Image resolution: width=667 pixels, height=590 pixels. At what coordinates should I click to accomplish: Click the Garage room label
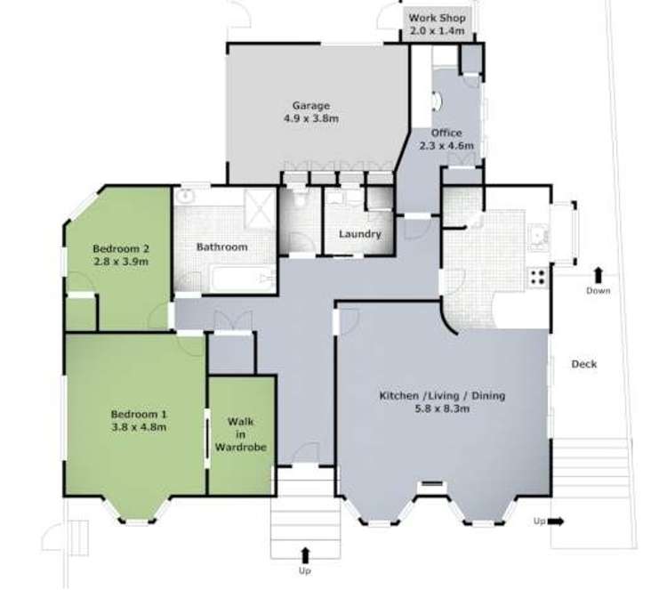click(x=311, y=105)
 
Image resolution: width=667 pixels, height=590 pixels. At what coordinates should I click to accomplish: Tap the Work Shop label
click(x=437, y=18)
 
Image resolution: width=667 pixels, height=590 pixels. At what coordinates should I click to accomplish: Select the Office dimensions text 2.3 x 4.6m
click(x=446, y=146)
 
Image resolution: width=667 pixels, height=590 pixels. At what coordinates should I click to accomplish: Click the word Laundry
click(x=360, y=234)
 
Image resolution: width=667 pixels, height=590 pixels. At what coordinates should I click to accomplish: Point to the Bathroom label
click(x=221, y=247)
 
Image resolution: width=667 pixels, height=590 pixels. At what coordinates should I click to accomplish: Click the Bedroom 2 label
click(x=121, y=248)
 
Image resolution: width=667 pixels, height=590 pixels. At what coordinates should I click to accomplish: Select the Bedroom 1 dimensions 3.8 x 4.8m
click(x=139, y=427)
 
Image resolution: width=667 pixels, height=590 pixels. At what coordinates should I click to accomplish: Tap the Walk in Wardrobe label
click(x=241, y=434)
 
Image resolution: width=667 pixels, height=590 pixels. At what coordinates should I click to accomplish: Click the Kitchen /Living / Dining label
click(x=442, y=395)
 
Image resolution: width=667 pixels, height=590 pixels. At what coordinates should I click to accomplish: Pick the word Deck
click(x=583, y=364)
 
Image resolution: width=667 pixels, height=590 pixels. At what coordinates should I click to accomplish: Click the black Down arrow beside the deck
click(x=599, y=275)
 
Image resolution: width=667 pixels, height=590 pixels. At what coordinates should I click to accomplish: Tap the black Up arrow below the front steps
click(x=305, y=556)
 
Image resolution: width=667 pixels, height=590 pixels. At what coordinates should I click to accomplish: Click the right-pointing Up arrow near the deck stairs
click(x=556, y=521)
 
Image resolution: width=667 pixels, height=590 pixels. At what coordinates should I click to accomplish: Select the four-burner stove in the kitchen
click(x=538, y=277)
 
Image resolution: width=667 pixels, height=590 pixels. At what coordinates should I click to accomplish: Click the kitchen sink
click(x=539, y=237)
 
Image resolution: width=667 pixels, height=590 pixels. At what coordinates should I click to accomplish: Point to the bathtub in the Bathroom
click(x=244, y=279)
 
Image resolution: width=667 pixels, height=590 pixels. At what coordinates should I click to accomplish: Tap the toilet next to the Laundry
click(x=301, y=198)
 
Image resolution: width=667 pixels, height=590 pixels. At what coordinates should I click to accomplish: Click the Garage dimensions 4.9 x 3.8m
click(x=311, y=118)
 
